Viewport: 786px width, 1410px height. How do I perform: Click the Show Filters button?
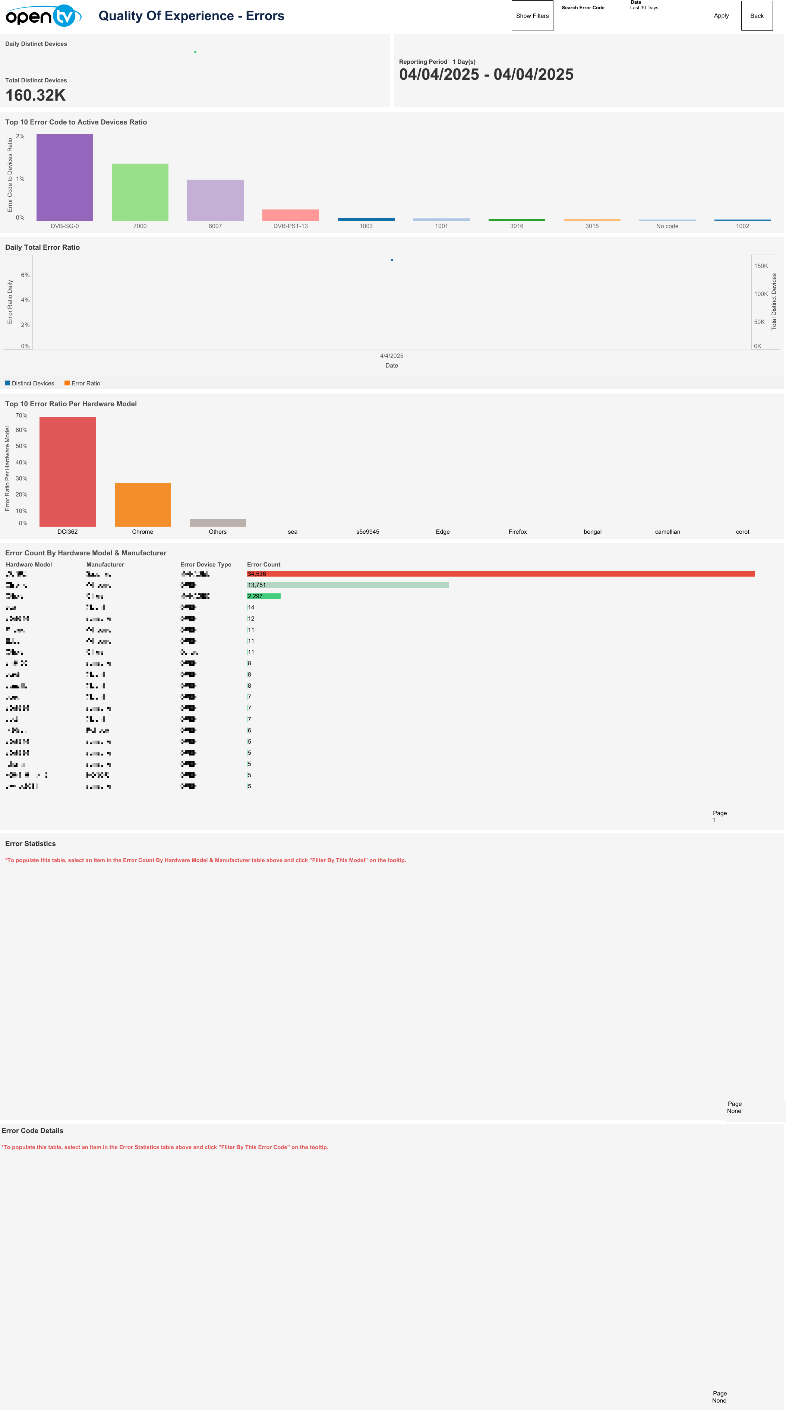click(x=532, y=16)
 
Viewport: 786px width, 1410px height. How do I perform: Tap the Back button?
click(x=757, y=16)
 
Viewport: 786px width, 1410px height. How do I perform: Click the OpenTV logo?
click(x=43, y=16)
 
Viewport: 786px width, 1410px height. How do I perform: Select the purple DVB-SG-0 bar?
click(x=64, y=177)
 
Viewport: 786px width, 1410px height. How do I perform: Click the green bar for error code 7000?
click(x=140, y=192)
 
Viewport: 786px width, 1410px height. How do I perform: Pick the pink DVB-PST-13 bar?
click(x=290, y=215)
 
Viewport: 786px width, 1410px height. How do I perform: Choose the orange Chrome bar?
click(x=142, y=504)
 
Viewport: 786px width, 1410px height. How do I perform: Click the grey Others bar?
click(x=217, y=523)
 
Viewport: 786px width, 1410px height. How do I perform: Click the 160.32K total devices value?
click(x=35, y=95)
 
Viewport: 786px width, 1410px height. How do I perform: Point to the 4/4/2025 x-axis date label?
click(x=391, y=356)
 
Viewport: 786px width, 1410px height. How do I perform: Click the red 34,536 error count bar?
click(x=500, y=574)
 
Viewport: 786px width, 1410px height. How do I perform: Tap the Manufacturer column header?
click(x=105, y=564)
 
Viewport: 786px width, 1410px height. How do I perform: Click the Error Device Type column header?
click(x=205, y=564)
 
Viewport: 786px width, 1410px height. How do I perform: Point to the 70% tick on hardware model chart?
click(x=21, y=416)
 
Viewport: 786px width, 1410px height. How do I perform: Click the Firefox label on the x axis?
click(x=517, y=531)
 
